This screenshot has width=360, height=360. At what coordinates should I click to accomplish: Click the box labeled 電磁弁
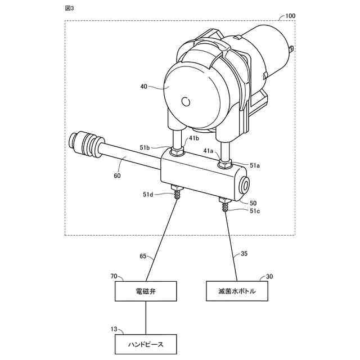coord(146,292)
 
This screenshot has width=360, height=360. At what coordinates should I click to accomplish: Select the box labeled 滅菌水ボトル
coord(236,292)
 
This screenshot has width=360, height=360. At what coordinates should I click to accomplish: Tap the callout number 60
coord(117,175)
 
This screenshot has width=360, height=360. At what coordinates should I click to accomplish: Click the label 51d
coord(147,195)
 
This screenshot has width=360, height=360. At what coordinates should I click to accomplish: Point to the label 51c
coord(255,211)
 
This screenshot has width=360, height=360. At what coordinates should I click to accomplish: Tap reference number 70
coord(114,276)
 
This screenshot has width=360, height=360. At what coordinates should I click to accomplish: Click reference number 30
coord(269,276)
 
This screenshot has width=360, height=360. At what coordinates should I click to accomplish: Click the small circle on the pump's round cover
coord(185,102)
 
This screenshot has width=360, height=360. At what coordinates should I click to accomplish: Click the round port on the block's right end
coord(245,185)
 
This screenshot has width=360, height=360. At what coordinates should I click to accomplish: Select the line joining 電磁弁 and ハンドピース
coord(146,318)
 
